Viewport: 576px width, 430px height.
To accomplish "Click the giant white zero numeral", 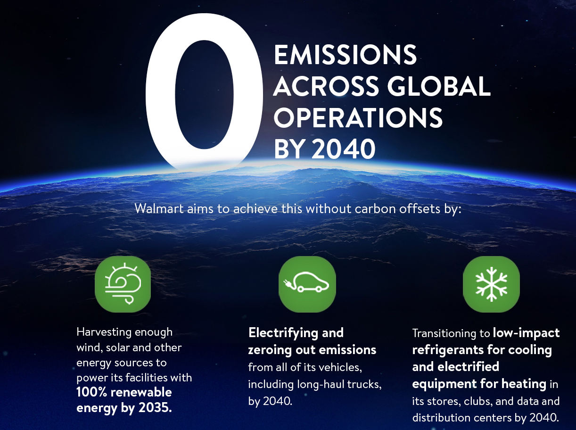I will [x=204, y=90].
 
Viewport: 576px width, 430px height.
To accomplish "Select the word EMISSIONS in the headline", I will [x=345, y=55].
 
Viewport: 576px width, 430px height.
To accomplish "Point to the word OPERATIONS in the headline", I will [x=358, y=118].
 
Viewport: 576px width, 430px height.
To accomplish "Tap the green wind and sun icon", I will [x=123, y=284].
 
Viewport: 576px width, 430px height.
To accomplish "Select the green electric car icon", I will [x=307, y=284].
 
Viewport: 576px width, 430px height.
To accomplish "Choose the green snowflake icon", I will [x=491, y=284].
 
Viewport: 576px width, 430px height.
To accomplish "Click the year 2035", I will [x=155, y=407].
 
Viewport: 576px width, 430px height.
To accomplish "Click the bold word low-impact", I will [x=526, y=333].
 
